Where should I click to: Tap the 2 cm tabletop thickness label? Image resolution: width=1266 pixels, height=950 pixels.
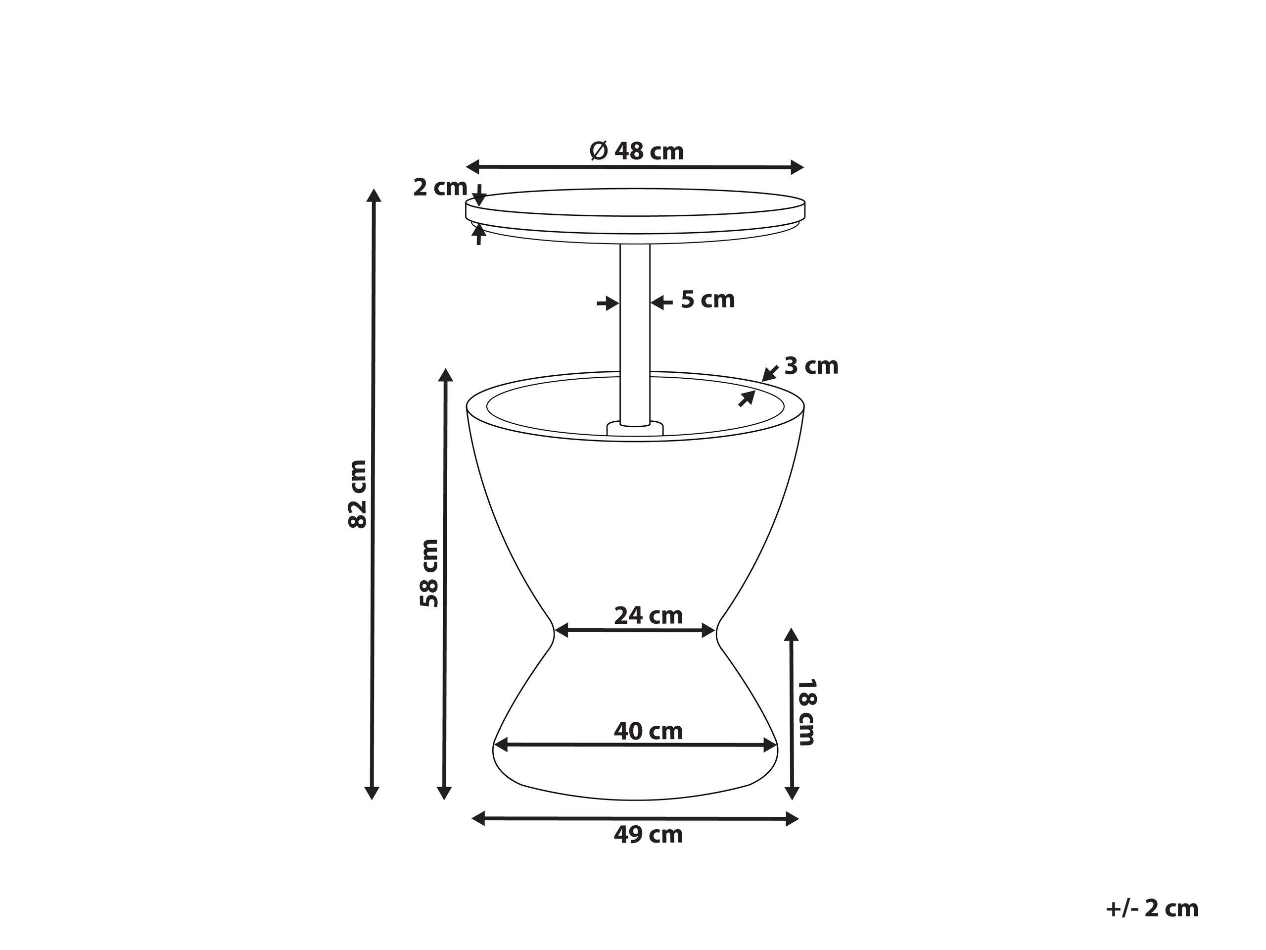[439, 187]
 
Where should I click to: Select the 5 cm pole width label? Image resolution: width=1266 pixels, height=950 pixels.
[707, 300]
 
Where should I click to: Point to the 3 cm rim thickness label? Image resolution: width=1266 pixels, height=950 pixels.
[810, 366]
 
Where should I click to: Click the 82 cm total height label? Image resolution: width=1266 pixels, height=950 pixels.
[358, 494]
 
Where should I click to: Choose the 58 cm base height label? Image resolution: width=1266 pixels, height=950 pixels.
[429, 573]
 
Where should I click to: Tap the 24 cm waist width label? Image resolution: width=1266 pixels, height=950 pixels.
[649, 615]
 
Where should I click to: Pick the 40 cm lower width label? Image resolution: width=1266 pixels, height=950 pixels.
[649, 731]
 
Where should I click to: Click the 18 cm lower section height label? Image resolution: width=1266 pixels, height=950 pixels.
[806, 712]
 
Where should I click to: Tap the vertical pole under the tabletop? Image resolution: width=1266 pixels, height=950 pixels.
[635, 332]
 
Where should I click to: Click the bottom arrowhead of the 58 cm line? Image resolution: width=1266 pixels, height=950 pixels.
[445, 794]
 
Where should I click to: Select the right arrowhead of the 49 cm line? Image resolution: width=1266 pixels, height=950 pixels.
[792, 819]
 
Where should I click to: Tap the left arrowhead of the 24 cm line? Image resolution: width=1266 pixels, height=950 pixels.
[561, 631]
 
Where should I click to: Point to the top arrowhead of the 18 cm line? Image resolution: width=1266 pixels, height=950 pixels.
[792, 635]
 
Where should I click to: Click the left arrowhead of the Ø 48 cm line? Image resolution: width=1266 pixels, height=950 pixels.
[473, 167]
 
